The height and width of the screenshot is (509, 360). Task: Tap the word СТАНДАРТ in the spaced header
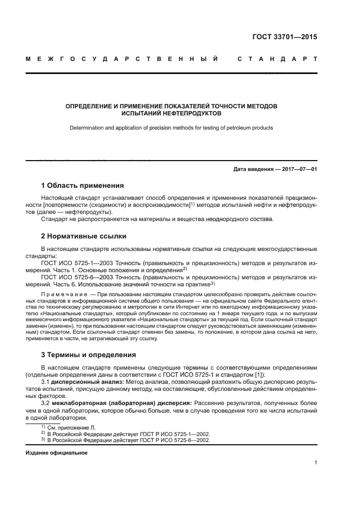(x=277, y=59)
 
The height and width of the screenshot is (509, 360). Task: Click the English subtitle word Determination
(x=87, y=128)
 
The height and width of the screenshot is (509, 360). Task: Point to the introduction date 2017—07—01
(x=297, y=169)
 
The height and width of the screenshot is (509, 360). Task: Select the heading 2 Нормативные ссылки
(x=84, y=236)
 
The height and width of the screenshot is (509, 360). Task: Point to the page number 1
(x=316, y=463)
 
